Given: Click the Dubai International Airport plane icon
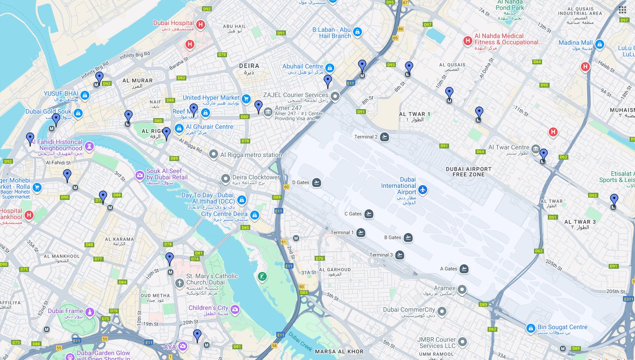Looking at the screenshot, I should (x=422, y=190).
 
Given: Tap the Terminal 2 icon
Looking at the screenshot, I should (x=384, y=137).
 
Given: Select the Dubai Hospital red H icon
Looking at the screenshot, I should (x=201, y=25).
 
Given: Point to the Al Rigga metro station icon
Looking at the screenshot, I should (x=214, y=155).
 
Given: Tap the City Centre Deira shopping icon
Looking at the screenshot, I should (x=255, y=216).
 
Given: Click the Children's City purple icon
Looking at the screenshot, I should (x=235, y=309).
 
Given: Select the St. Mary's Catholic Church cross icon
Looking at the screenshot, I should (x=179, y=283).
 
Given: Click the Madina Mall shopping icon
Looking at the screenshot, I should (x=600, y=44).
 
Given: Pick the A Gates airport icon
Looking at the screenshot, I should (x=464, y=269).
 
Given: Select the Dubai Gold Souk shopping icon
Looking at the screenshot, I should (x=78, y=113).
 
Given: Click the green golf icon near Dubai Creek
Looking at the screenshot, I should (x=262, y=277).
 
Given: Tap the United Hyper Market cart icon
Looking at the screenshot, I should (x=246, y=98).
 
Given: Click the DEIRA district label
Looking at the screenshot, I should (x=249, y=66).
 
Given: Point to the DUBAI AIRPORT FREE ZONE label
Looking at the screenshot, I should (x=468, y=172).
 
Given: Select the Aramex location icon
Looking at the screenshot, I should (x=462, y=290).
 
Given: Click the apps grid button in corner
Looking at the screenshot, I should (x=622, y=10).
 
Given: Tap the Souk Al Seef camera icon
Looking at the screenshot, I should (x=140, y=175).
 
